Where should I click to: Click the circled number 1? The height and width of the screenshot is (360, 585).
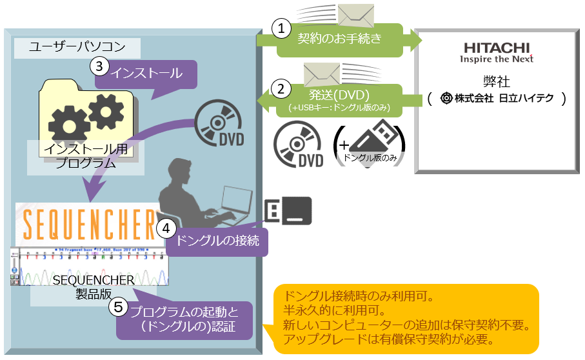[x=280, y=28]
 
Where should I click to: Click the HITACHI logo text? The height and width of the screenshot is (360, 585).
[x=497, y=48]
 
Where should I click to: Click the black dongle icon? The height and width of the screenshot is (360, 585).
[x=288, y=210]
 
